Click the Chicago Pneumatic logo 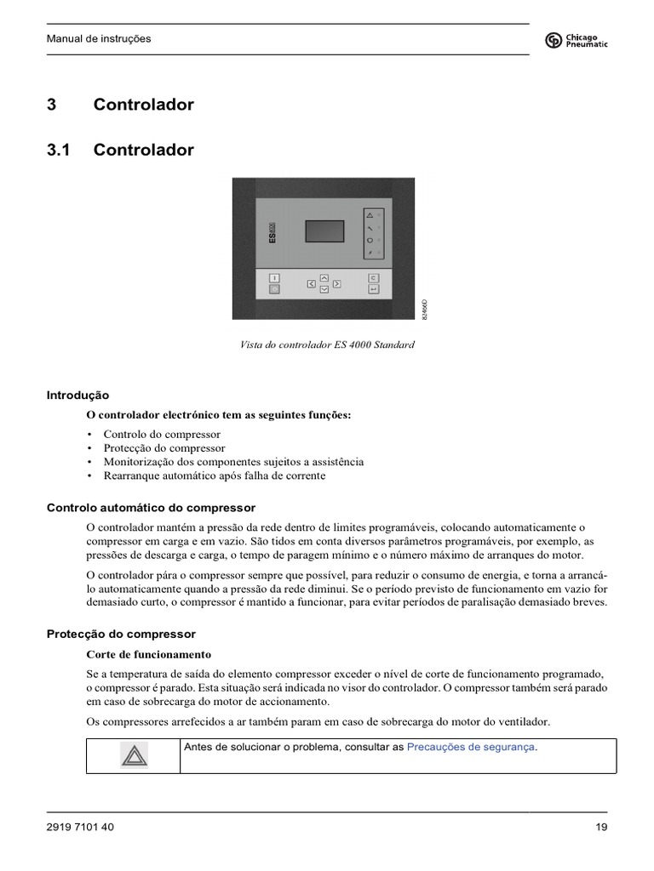tap(577, 40)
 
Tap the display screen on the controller tap(324, 231)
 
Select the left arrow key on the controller tap(312, 283)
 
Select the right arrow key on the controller tap(336, 283)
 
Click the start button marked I tap(274, 277)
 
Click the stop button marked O tap(274, 289)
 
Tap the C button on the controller tap(373, 277)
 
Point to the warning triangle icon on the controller tap(370, 215)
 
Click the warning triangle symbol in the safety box tap(134, 755)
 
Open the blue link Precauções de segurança tap(471, 747)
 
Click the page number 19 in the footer tap(601, 828)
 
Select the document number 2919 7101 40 tap(80, 828)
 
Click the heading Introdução tap(77, 396)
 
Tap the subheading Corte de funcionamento tap(149, 654)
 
